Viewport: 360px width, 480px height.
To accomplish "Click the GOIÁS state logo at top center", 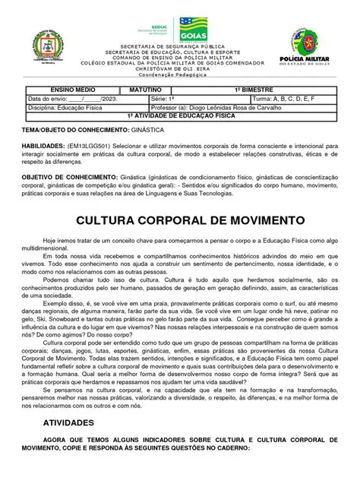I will tap(191, 28).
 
